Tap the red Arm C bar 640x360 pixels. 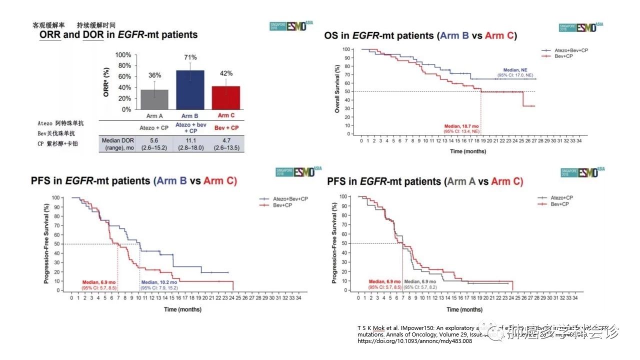(x=226, y=97)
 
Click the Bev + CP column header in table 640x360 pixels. (x=227, y=127)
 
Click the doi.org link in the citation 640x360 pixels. (x=414, y=341)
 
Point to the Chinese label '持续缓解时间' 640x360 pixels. (x=96, y=25)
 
